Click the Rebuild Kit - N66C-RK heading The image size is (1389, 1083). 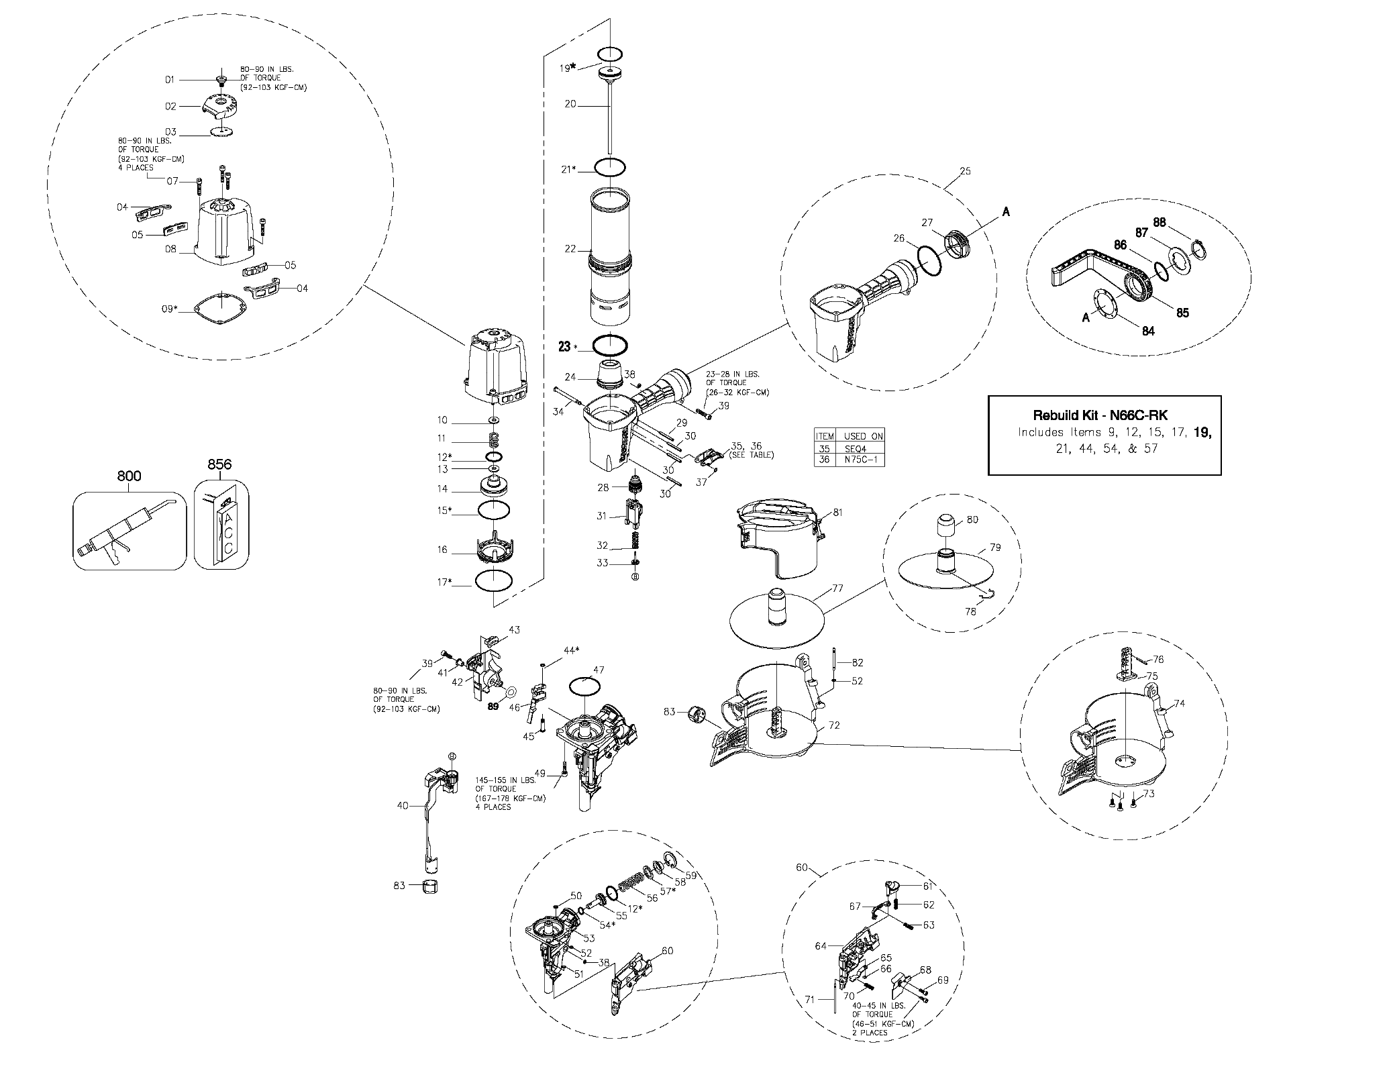[x=1104, y=415]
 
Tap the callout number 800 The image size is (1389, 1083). [x=129, y=476]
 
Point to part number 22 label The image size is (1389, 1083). [x=570, y=249]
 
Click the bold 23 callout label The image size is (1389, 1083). [x=564, y=346]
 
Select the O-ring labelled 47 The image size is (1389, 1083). [x=585, y=686]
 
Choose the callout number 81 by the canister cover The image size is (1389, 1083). [x=837, y=513]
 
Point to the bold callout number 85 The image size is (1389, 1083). [x=1182, y=313]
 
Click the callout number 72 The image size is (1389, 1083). [x=834, y=725]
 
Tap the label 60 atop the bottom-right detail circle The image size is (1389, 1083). [x=802, y=868]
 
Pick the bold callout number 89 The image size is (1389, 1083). [x=493, y=707]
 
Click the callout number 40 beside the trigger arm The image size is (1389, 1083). [x=403, y=805]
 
